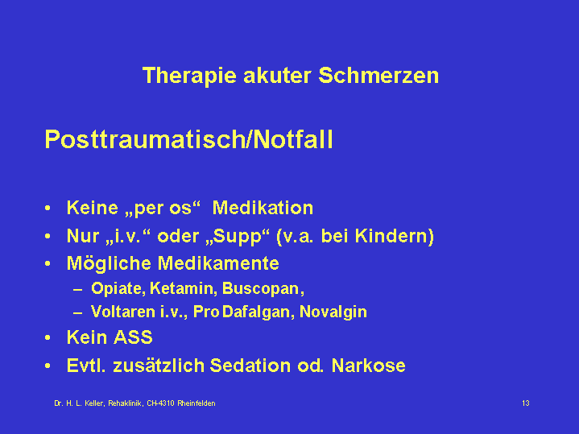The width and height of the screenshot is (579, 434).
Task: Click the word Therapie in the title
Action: pos(189,76)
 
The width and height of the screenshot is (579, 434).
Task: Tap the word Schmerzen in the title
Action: pos(378,76)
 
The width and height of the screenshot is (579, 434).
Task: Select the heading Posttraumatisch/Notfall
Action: pos(188,139)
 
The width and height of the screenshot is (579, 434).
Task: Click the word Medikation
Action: pos(263,208)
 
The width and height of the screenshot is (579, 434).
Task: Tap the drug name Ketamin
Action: pos(182,288)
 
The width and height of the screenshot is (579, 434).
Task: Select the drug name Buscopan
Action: pos(261,289)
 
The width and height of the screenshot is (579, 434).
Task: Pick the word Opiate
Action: pos(116,289)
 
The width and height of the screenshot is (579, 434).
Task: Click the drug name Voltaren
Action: pos(123,312)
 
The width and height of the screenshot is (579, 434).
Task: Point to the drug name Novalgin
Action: pos(333,312)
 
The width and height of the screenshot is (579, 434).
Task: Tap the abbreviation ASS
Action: pos(133,337)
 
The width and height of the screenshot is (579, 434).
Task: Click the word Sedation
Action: pos(250,366)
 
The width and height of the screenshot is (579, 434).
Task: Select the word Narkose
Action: pos(369,366)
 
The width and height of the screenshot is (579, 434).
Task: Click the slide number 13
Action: pos(526,403)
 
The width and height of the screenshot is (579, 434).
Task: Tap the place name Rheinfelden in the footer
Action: pos(196,403)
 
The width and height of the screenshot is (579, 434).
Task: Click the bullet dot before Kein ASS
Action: pos(48,337)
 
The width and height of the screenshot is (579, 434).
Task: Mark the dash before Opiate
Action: pos(77,290)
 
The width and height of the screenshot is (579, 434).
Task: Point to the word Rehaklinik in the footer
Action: pos(126,403)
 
